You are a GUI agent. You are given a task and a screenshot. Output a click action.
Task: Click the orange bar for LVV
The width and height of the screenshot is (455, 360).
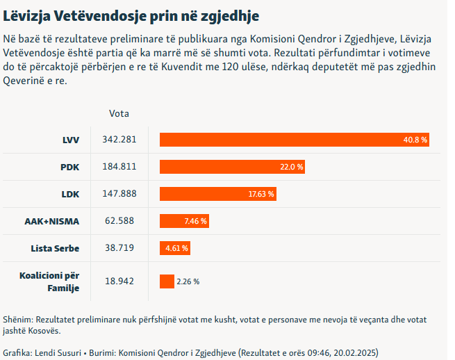[295, 140]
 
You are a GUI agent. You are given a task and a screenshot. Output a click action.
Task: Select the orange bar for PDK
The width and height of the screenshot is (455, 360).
[233, 167]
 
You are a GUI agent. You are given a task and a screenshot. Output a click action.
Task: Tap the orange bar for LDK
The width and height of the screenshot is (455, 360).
[218, 194]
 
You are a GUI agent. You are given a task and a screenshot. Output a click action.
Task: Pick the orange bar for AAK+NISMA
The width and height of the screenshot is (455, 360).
[184, 221]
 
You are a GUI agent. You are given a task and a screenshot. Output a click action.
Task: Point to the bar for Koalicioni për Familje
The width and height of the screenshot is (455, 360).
[167, 281]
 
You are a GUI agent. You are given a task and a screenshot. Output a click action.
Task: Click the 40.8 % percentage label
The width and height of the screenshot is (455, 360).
[415, 140]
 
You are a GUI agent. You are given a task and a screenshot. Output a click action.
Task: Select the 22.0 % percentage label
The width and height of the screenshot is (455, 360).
[292, 167]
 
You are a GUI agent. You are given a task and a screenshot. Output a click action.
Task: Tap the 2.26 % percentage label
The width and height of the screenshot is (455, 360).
[188, 281]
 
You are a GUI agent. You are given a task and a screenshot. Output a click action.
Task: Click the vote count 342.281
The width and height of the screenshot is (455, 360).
[119, 140]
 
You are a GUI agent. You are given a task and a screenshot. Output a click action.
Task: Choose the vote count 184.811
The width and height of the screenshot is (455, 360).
[119, 167]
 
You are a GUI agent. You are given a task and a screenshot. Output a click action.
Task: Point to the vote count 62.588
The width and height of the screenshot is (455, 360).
[119, 221]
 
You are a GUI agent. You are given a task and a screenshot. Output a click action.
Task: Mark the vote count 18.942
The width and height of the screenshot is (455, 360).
[119, 281]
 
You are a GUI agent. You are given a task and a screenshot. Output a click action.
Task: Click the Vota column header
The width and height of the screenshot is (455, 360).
[119, 113]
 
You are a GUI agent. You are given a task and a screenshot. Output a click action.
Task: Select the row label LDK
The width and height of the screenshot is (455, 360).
[70, 194]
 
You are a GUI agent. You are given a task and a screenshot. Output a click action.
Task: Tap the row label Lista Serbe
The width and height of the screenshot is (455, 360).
[55, 248]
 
